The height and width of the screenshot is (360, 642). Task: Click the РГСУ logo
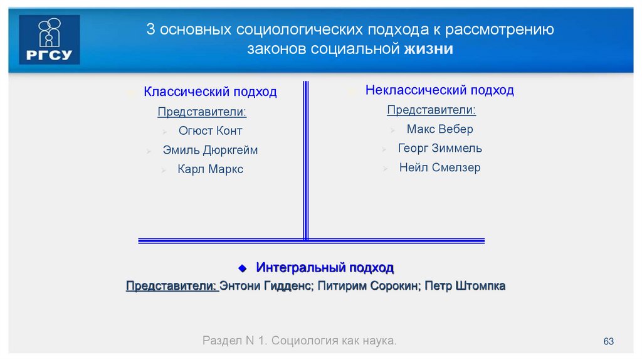pyautogui.click(x=50, y=40)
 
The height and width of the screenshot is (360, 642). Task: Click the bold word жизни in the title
pyautogui.click(x=429, y=49)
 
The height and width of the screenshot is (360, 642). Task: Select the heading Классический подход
pyautogui.click(x=210, y=92)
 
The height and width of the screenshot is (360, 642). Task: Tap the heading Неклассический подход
pyautogui.click(x=439, y=90)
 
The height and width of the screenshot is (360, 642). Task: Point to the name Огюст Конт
pyautogui.click(x=210, y=131)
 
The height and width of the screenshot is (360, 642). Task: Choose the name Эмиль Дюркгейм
pyautogui.click(x=210, y=151)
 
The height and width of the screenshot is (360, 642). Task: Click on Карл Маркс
pyautogui.click(x=210, y=169)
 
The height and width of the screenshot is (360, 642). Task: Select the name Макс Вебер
pyautogui.click(x=439, y=130)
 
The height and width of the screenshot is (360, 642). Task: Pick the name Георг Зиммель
pyautogui.click(x=439, y=149)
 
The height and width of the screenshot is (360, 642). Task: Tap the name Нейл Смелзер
pyautogui.click(x=439, y=168)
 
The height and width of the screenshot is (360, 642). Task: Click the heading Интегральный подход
pyautogui.click(x=325, y=268)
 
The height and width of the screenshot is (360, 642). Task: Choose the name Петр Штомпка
pyautogui.click(x=465, y=286)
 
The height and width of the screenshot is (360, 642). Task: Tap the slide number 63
pyautogui.click(x=608, y=341)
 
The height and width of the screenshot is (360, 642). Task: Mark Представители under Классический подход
pyautogui.click(x=202, y=112)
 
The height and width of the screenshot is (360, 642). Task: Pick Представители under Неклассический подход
pyautogui.click(x=431, y=110)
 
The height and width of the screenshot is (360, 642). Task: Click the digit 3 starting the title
pyautogui.click(x=150, y=30)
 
